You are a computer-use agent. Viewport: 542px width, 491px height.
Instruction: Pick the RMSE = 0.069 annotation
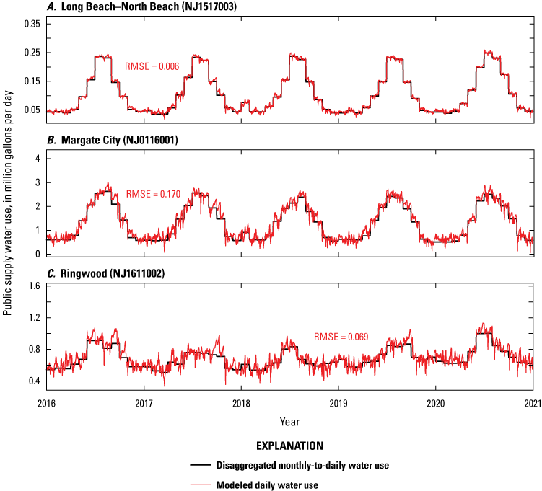pos(340,337)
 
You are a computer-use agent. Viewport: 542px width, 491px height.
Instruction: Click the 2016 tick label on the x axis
pos(46,404)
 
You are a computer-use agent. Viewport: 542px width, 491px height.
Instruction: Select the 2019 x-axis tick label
pos(338,404)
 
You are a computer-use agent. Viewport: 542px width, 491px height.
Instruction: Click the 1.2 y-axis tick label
pos(32,317)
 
